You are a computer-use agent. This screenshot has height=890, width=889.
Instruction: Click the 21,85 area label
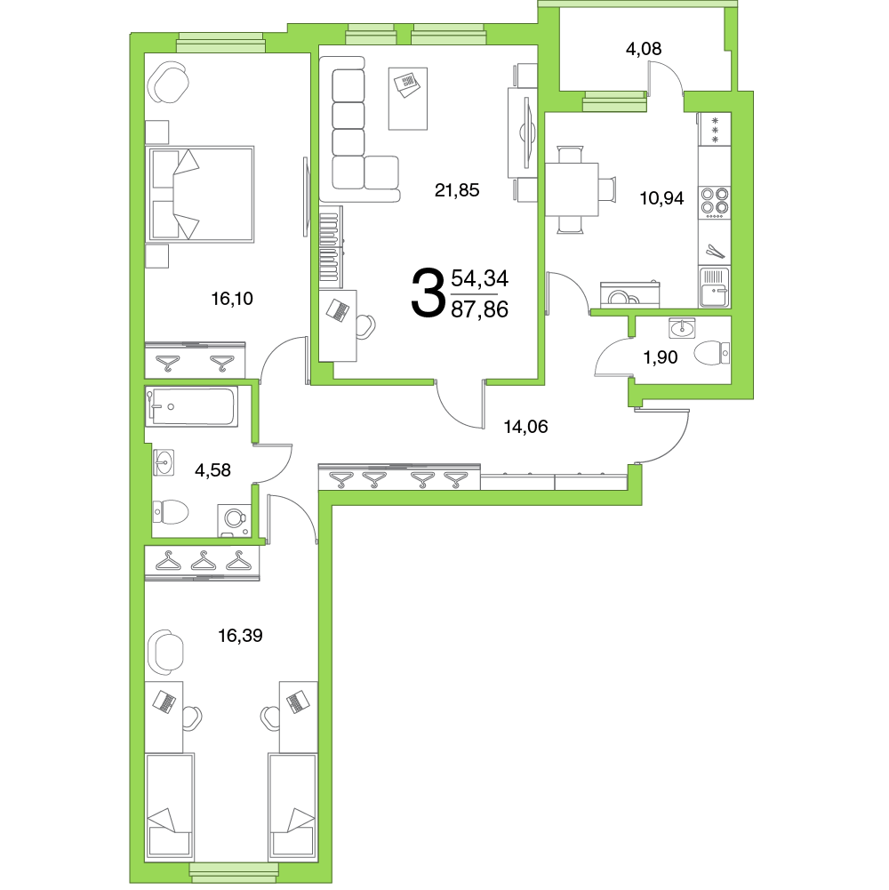pos(457,190)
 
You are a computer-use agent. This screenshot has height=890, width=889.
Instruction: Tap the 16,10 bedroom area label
pos(232,299)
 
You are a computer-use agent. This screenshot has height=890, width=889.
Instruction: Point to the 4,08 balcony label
pos(644,49)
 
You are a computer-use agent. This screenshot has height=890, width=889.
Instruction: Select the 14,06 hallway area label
pos(526,427)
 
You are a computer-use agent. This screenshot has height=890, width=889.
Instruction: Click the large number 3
pos(427,293)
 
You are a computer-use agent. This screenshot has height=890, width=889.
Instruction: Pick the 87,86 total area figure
pos(480,310)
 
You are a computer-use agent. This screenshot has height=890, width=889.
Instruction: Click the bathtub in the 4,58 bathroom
pos(191,406)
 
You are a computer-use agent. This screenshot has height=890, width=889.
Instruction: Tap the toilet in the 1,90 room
pos(712,353)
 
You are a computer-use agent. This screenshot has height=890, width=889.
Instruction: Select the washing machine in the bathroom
pos(235,520)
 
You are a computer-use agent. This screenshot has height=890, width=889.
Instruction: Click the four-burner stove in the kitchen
pos(715,202)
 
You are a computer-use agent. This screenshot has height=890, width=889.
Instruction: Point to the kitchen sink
pos(715,288)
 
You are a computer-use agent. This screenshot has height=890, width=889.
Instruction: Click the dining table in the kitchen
pos(572,189)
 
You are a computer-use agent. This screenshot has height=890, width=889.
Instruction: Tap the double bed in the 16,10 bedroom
pos(200,194)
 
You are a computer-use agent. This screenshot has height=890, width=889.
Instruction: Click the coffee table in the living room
pos(407,99)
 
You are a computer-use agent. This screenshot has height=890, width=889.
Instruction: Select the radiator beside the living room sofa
pos(331,247)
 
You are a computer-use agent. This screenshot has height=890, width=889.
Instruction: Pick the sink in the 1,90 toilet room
pos(682,327)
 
